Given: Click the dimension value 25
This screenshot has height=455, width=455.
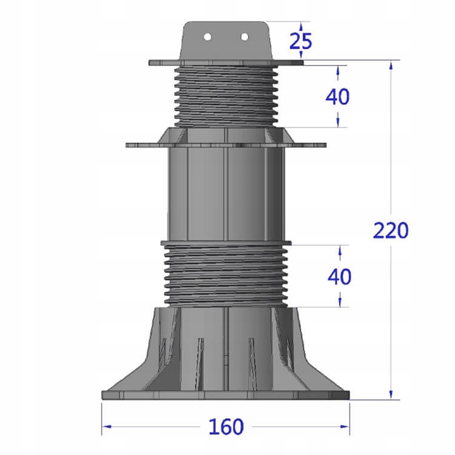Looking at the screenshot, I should tap(300, 41).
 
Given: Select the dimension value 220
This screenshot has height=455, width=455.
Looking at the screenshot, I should tap(391, 231).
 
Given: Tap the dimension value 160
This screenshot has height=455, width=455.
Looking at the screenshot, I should tap(226, 427).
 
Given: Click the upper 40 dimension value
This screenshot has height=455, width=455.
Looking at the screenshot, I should tap(338, 96).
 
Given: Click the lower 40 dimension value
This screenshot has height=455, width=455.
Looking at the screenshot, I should tap(339, 276).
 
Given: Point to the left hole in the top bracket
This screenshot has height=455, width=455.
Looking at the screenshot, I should tap(207, 37).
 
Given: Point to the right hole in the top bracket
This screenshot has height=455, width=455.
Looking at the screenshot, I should tap(244, 37).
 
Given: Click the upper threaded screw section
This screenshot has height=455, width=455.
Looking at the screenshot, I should tap(226, 94).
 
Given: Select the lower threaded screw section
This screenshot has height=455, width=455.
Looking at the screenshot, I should tap(226, 276).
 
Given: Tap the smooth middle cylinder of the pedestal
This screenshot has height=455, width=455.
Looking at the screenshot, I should tap(226, 194).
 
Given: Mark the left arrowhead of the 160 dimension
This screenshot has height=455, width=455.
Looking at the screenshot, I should tap(105, 426).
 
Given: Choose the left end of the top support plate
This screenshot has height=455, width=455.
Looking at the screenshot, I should tap(150, 62).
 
